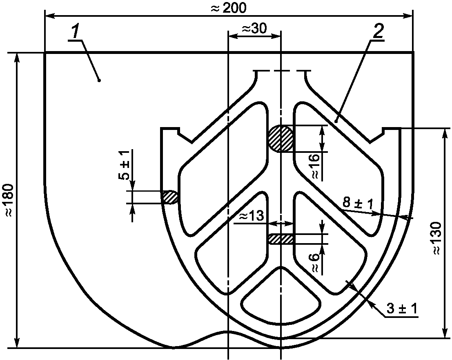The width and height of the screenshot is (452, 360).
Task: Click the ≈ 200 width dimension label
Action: click(x=228, y=8)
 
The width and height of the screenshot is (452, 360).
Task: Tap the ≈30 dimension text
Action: click(x=254, y=29)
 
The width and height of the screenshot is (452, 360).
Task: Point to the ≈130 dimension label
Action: click(x=437, y=238)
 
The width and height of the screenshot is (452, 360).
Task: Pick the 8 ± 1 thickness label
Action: click(x=357, y=203)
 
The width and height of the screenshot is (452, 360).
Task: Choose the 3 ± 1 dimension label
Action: click(x=402, y=309)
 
